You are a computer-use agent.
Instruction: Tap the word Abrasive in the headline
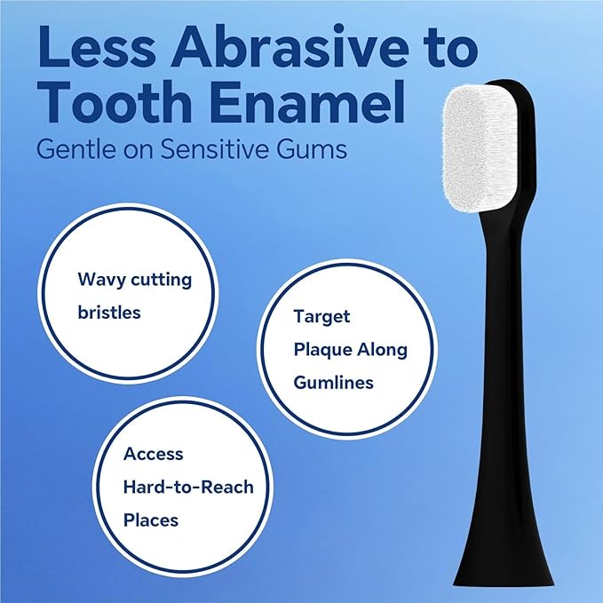pos(290,46)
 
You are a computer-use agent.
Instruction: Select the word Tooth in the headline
pos(115,101)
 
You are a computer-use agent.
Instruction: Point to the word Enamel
pos(307,101)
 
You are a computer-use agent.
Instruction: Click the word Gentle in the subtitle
pos(76,148)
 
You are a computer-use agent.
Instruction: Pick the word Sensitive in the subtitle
pos(215,148)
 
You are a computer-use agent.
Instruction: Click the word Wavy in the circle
pos(101,280)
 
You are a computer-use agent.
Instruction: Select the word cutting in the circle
pos(161,280)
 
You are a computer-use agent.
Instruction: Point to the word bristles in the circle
pos(109,312)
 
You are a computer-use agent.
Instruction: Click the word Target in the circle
pos(321,317)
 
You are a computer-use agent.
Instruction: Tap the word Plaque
pos(323,350)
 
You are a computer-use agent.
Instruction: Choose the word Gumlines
pos(333,383)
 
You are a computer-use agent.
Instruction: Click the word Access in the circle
pos(153,454)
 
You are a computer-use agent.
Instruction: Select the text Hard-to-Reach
pos(188,487)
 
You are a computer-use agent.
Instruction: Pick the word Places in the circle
pos(151,520)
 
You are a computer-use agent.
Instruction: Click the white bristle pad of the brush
pos(481,148)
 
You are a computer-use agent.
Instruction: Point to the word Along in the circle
pos(382,350)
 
